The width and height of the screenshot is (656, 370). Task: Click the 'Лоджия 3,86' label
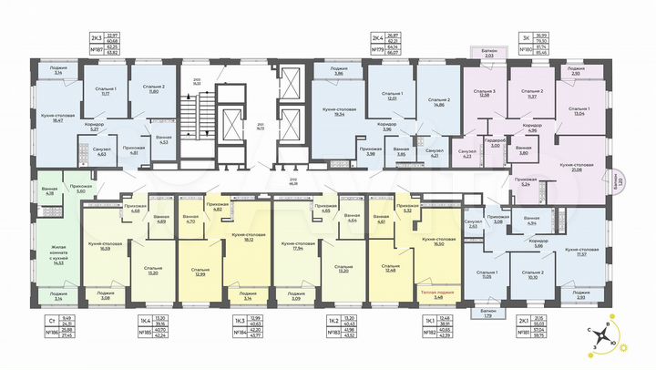point(336,70)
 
